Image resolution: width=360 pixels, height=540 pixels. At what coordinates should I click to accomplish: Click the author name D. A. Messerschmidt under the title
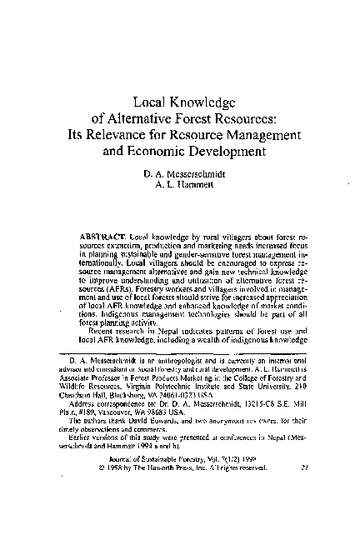point(180,175)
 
